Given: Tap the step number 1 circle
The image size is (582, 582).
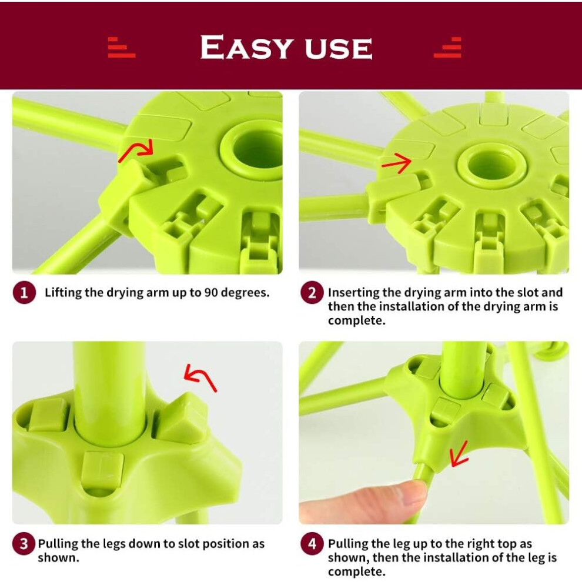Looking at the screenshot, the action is tap(24, 293).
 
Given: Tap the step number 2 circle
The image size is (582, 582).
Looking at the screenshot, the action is tap(312, 293).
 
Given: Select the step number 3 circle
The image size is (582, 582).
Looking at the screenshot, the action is tap(24, 544).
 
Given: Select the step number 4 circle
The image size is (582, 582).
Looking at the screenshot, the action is tap(312, 544).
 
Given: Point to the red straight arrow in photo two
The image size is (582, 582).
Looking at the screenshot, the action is tap(397, 163).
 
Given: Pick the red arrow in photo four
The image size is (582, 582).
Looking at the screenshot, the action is tap(458, 455).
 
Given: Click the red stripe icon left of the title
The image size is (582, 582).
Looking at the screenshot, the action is tap(121, 48).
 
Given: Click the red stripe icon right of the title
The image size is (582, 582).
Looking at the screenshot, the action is tap(447, 48).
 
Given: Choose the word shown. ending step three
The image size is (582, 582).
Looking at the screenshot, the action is tap(58, 557).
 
